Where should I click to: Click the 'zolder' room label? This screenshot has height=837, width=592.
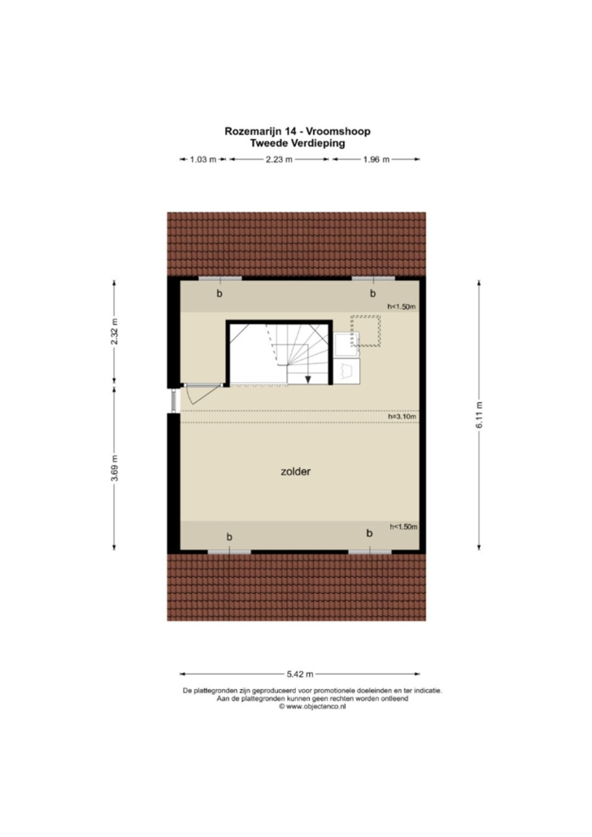pos(295,471)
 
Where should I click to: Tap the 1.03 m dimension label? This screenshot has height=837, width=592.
pos(203,159)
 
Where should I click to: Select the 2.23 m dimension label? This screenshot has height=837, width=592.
pos(279,159)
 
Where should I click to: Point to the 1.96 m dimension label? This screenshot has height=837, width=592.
pos(377,159)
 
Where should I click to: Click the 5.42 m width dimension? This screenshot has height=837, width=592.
pos(300,674)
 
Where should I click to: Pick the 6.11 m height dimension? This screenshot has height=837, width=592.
pos(479,414)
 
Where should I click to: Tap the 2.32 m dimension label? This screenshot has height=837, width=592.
pos(115,332)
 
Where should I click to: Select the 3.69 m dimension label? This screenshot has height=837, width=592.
pos(115,468)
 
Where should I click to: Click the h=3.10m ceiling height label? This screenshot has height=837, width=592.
pos(403,416)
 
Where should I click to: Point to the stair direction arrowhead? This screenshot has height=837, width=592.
pos(308,379)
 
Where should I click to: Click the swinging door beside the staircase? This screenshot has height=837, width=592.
pos(202,393)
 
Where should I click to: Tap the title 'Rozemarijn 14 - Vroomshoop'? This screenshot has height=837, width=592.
pos(298,132)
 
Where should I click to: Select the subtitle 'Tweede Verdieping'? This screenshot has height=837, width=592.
pos(298,143)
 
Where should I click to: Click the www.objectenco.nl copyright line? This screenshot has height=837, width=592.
pos(312,705)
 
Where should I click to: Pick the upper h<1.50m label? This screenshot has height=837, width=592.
pos(402,306)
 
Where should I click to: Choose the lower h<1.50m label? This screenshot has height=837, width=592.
pos(403,527)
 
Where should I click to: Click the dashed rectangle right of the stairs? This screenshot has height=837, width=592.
pos(365,331)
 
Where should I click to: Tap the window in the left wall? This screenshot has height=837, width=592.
pos(174,401)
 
